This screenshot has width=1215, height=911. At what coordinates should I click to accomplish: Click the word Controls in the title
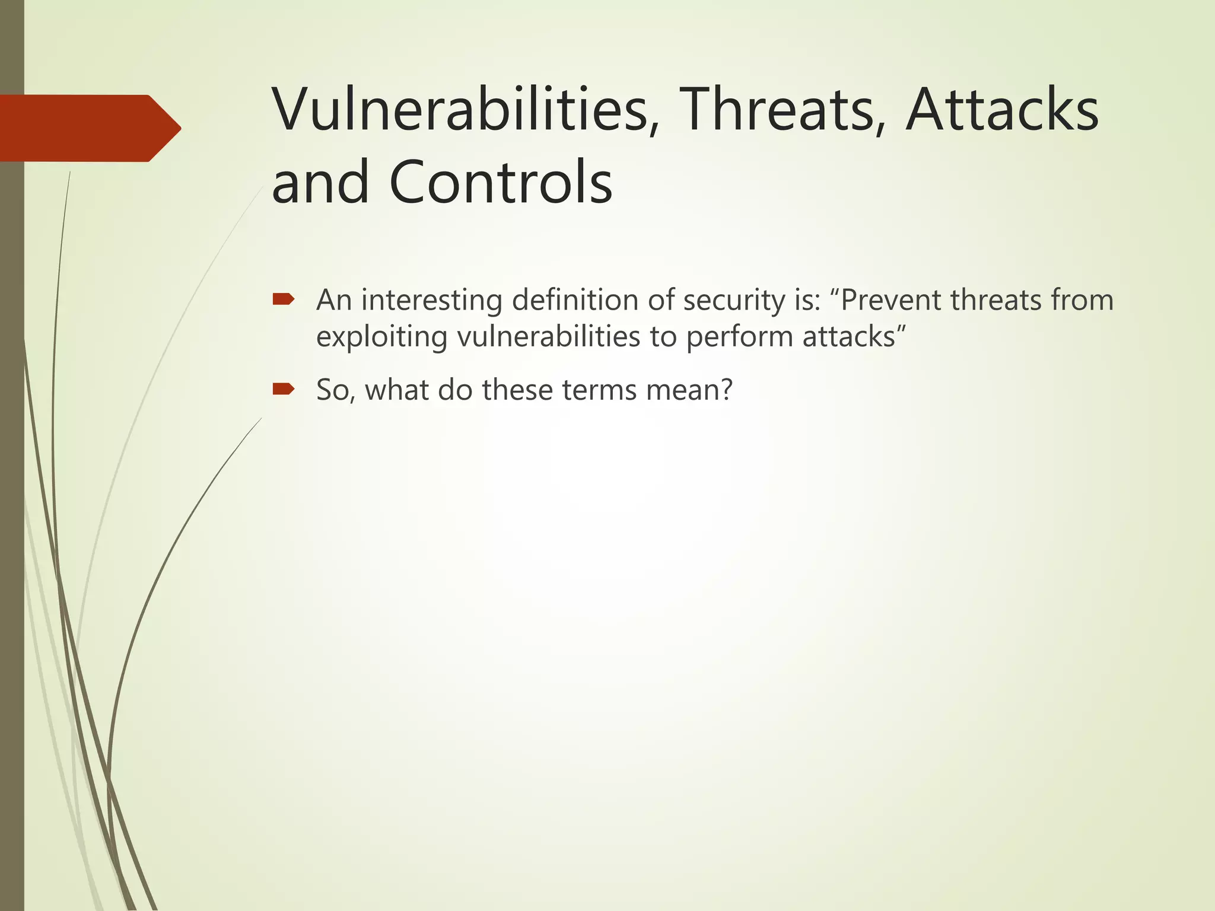(x=501, y=183)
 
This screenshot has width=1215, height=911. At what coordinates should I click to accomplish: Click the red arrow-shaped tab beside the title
(x=89, y=128)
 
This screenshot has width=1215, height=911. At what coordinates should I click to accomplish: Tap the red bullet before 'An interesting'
(x=283, y=300)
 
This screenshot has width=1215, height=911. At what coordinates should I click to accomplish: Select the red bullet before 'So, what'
(x=283, y=389)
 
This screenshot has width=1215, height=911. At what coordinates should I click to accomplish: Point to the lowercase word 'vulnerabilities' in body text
(x=548, y=337)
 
